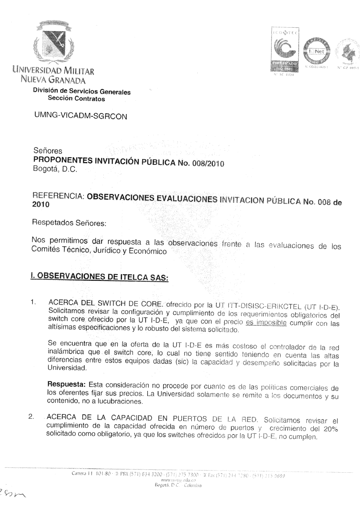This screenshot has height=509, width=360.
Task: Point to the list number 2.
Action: (31, 417)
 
